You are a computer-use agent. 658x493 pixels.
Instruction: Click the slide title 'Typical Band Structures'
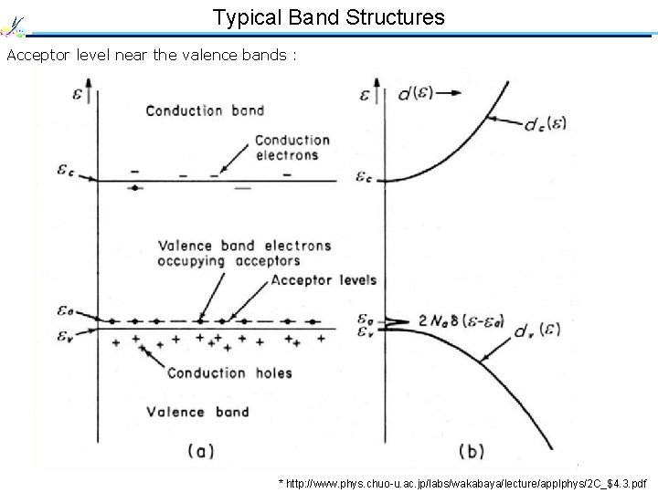[x=329, y=16]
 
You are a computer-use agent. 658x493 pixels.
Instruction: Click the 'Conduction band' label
[x=205, y=110]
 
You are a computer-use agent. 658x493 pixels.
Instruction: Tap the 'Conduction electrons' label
[x=292, y=147]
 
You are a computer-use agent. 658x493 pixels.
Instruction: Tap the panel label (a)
[x=201, y=449]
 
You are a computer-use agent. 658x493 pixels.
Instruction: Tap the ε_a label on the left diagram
[x=66, y=312]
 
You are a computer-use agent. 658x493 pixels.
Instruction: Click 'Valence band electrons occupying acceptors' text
[x=245, y=252]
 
